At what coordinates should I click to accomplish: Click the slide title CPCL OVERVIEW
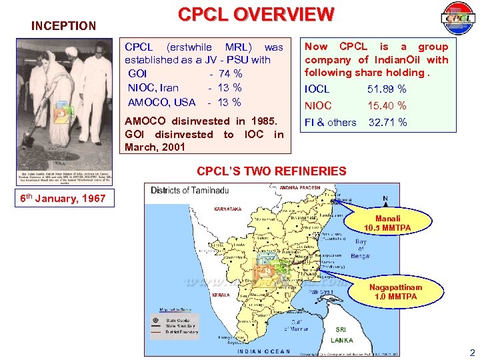(x=255, y=14)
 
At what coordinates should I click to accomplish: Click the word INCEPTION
(x=64, y=26)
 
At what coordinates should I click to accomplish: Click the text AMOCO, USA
(x=161, y=102)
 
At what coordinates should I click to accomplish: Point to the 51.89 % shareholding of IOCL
(x=387, y=89)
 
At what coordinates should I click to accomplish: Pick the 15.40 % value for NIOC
(x=387, y=105)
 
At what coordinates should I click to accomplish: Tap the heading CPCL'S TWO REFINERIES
(x=271, y=171)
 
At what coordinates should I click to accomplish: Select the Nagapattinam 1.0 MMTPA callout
(x=396, y=292)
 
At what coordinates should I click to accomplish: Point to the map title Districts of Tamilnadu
(x=189, y=190)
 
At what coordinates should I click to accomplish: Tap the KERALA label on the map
(x=221, y=294)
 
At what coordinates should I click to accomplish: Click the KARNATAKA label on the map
(x=228, y=209)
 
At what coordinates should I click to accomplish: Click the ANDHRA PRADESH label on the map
(x=299, y=187)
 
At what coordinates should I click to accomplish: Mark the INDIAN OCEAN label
(x=265, y=351)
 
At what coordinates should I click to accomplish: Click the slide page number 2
(x=471, y=353)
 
